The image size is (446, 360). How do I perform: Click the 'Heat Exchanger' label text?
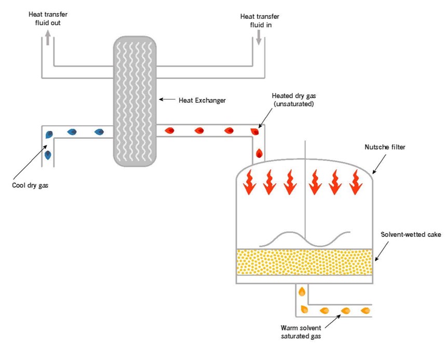pos(202,100)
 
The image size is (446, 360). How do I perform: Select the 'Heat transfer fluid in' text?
pos(260,20)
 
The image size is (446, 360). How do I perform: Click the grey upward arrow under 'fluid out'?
pos(47,37)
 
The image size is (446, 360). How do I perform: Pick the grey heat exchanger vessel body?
pos(134,101)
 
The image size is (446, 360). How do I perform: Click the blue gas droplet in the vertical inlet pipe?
pos(48,155)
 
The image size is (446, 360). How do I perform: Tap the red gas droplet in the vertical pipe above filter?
pos(260,153)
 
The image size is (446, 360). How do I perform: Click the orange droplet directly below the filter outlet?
pos(302,292)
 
